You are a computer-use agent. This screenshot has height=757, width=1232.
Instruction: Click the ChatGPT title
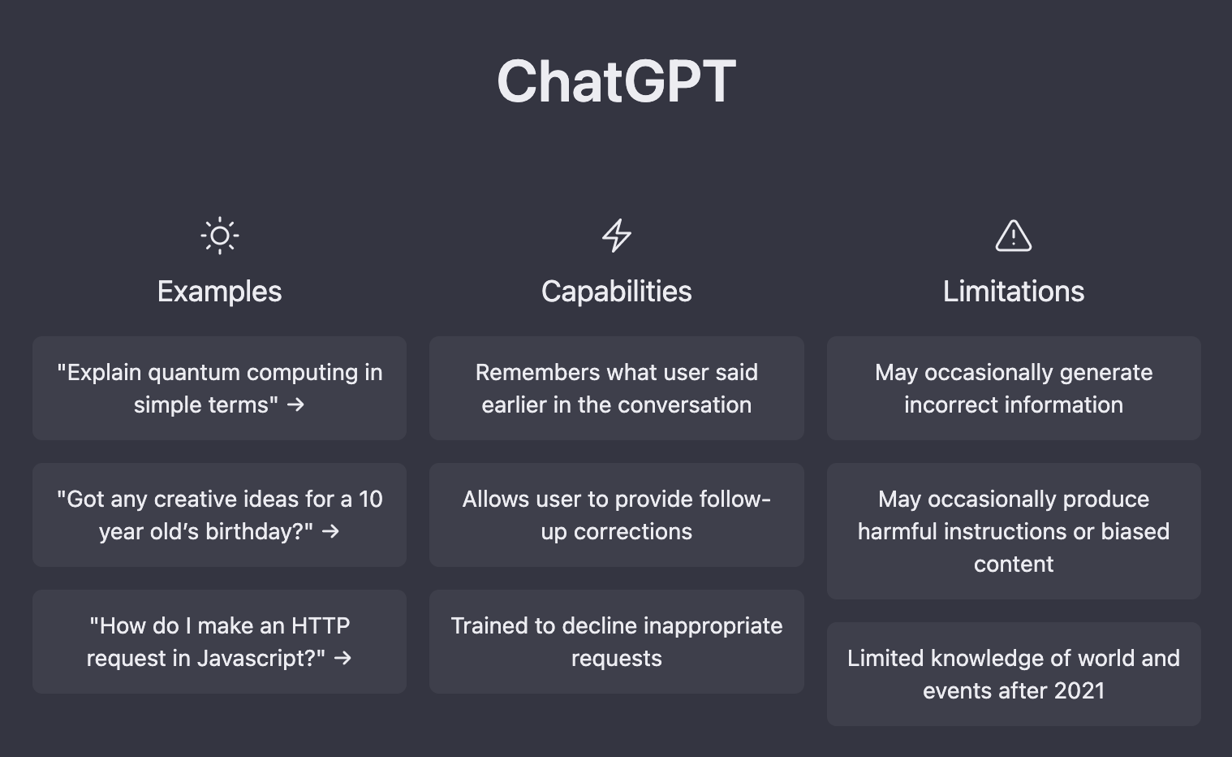tap(616, 81)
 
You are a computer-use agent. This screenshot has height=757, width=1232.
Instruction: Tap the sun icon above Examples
tap(219, 236)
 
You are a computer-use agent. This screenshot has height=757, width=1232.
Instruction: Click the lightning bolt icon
tap(617, 236)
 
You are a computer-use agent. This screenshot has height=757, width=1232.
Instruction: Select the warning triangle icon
tap(1013, 236)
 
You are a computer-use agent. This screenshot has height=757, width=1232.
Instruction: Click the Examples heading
tap(219, 291)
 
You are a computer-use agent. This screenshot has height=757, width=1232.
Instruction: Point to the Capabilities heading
tap(617, 291)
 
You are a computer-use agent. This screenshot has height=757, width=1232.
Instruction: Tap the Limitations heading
tap(1014, 291)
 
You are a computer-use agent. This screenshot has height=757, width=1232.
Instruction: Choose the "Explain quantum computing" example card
tap(219, 388)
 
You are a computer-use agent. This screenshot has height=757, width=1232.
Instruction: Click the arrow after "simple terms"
tap(296, 405)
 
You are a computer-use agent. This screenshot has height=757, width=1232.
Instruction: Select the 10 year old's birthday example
tap(219, 515)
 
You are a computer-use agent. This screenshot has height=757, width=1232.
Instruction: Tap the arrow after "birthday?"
tap(330, 532)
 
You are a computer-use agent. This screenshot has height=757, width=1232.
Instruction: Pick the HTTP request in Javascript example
tap(219, 642)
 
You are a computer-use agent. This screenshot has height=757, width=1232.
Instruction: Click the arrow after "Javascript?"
tap(342, 659)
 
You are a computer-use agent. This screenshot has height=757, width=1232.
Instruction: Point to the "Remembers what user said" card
tap(617, 388)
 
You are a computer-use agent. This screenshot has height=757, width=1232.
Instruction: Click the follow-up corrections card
tap(617, 515)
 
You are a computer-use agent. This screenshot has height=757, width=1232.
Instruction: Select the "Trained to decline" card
tap(617, 642)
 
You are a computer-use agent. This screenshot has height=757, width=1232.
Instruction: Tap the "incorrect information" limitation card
tap(1014, 388)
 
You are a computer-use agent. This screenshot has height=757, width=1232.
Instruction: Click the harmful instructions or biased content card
tap(1014, 530)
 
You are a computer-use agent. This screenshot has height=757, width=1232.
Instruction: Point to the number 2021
tap(1079, 691)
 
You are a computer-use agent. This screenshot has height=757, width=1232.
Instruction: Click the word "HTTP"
tap(321, 626)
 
